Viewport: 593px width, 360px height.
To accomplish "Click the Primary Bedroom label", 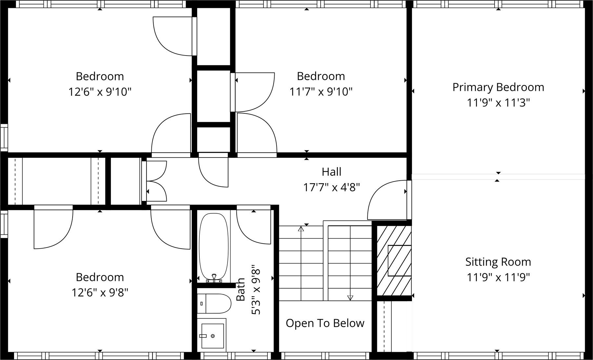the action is coord(498,88).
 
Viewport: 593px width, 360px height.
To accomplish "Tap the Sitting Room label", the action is coord(498,262).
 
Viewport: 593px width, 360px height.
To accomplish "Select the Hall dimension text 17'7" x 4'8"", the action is coord(331,188).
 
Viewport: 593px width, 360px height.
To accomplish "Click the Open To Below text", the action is coord(325,323).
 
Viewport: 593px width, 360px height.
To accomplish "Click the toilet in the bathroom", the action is coord(214,303).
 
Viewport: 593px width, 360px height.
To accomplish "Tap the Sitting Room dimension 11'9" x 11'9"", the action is coord(498,277).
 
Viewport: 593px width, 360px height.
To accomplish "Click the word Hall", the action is coord(331,172).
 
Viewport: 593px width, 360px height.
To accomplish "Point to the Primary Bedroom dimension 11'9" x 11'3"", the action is coord(498,103).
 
